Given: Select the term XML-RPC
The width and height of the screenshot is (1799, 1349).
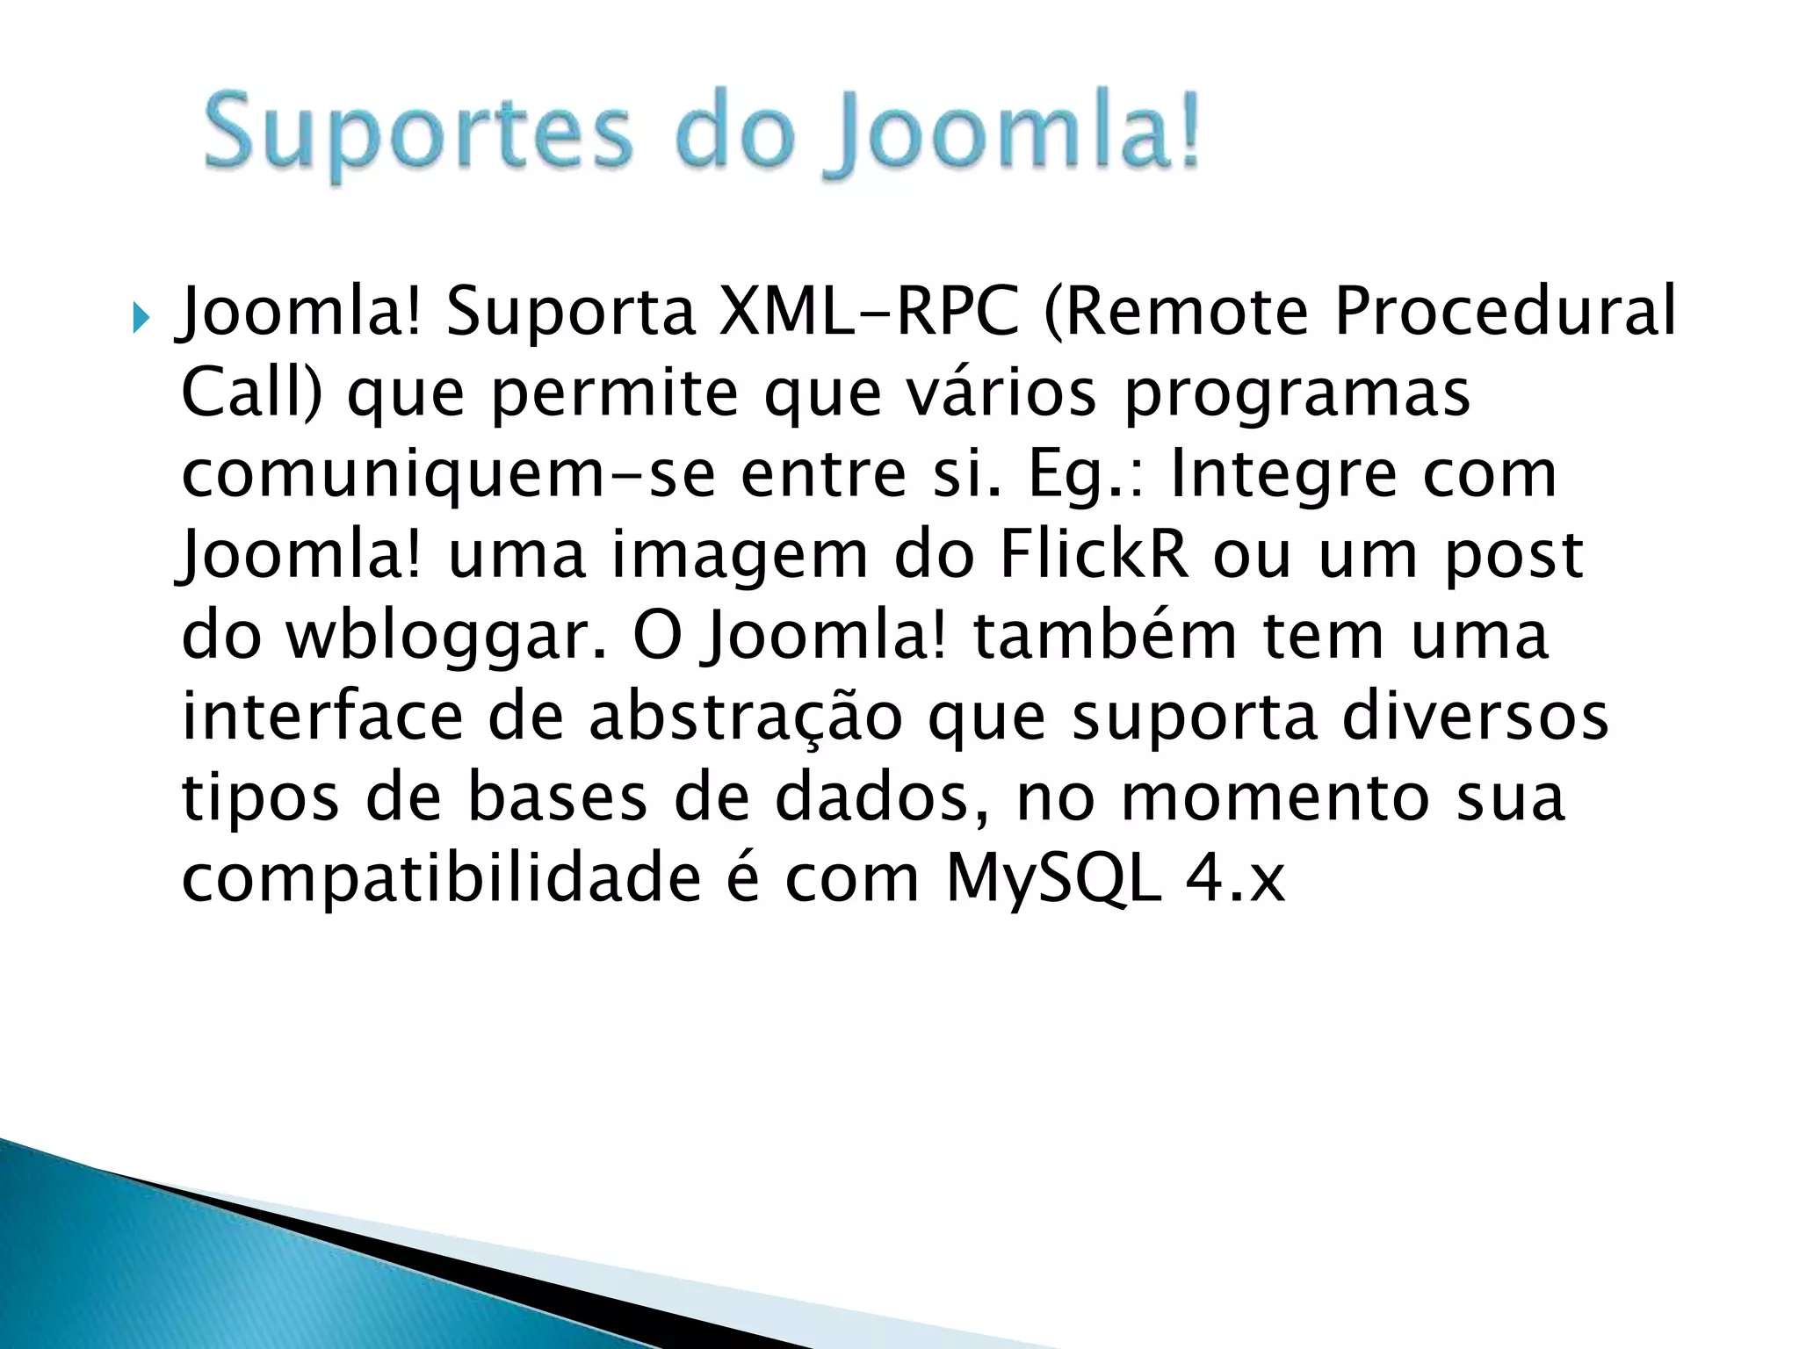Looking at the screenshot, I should [x=869, y=312].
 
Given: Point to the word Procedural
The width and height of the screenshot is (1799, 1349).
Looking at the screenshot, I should [x=1505, y=312].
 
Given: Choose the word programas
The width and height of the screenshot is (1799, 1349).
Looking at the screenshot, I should [x=1297, y=395].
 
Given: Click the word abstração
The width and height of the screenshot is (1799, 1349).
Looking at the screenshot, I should [x=745, y=718].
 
